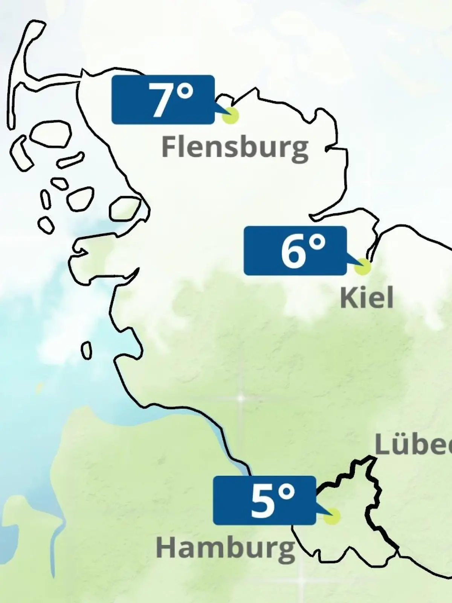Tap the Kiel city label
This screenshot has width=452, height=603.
point(366,298)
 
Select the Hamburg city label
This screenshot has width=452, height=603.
point(225,548)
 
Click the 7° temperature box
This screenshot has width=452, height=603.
point(163,100)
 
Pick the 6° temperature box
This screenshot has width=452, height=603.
point(295,251)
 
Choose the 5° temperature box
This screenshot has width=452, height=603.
point(264,500)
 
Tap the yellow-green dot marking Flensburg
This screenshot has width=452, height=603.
point(230,115)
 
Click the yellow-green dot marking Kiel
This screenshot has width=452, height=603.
point(362,266)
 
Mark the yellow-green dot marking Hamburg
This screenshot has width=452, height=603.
point(332,516)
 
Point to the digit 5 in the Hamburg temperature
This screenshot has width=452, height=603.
point(262,501)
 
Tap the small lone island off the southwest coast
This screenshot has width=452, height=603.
point(87,350)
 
